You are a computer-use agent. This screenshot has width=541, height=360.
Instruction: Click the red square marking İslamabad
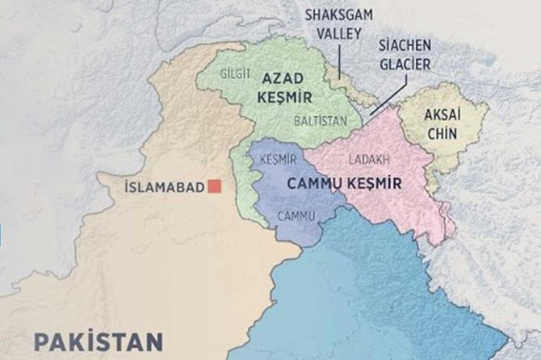[x=215, y=186]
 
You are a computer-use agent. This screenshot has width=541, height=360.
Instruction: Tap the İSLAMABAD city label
[x=164, y=187]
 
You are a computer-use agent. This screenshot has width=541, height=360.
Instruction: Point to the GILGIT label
[x=236, y=73]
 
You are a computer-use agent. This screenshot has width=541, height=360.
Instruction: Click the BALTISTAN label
[x=321, y=119]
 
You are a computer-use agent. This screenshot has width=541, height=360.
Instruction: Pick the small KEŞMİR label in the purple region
[x=279, y=160]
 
